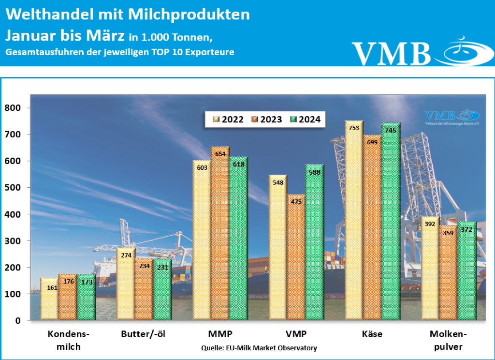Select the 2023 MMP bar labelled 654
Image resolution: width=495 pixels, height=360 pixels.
coord(220,232)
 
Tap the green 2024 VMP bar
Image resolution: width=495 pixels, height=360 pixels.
coord(314,242)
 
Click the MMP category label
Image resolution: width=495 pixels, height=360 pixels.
coord(220,334)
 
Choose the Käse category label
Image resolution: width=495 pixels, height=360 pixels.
coord(372,334)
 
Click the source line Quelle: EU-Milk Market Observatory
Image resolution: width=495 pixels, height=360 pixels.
coord(259,348)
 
